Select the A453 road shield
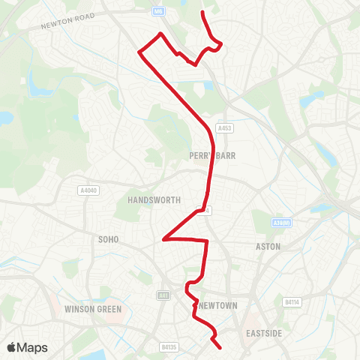pos(223,128)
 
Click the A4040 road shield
pos(88,190)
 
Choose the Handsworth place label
pos(150,201)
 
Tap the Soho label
pos(103,241)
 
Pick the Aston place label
pos(268,246)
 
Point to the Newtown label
pos(219,305)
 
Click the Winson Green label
pos(88,308)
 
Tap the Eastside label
pos(264,333)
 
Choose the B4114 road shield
pos(313,302)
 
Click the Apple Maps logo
pos(27,347)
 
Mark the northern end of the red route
pos(204,13)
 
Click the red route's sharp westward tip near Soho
pos(163,240)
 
